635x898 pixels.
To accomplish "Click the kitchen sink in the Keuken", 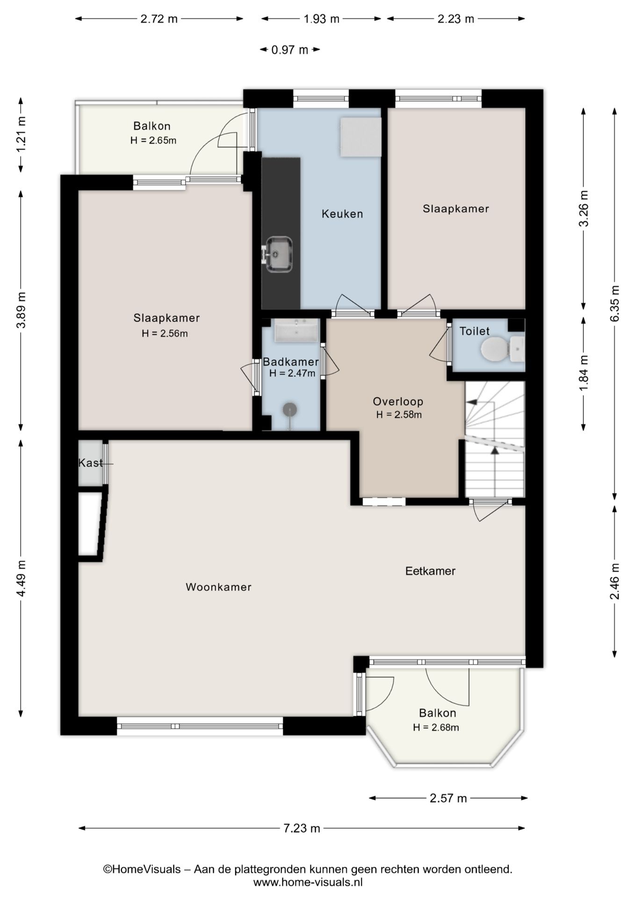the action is click(279, 254).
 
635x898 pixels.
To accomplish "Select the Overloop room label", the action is click(398, 401).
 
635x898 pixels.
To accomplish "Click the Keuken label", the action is click(342, 214).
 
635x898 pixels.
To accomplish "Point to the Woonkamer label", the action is click(218, 587).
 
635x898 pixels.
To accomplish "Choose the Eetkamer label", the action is click(430, 571).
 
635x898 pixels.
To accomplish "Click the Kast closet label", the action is click(90, 463).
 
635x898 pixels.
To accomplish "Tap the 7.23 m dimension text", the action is click(302, 828).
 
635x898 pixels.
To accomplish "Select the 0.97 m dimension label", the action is click(290, 50).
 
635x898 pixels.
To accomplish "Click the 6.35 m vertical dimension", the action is click(615, 303).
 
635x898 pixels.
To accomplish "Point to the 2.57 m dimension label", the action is click(448, 798).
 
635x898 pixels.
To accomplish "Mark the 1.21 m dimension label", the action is click(21, 134).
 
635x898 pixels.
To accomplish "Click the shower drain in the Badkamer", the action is click(290, 409).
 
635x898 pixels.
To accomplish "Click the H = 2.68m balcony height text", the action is click(436, 727).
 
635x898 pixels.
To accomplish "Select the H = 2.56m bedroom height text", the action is click(165, 333).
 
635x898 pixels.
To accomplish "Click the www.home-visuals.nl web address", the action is click(308, 882).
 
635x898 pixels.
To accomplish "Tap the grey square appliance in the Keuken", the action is click(361, 137).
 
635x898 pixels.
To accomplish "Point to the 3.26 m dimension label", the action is click(584, 209).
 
